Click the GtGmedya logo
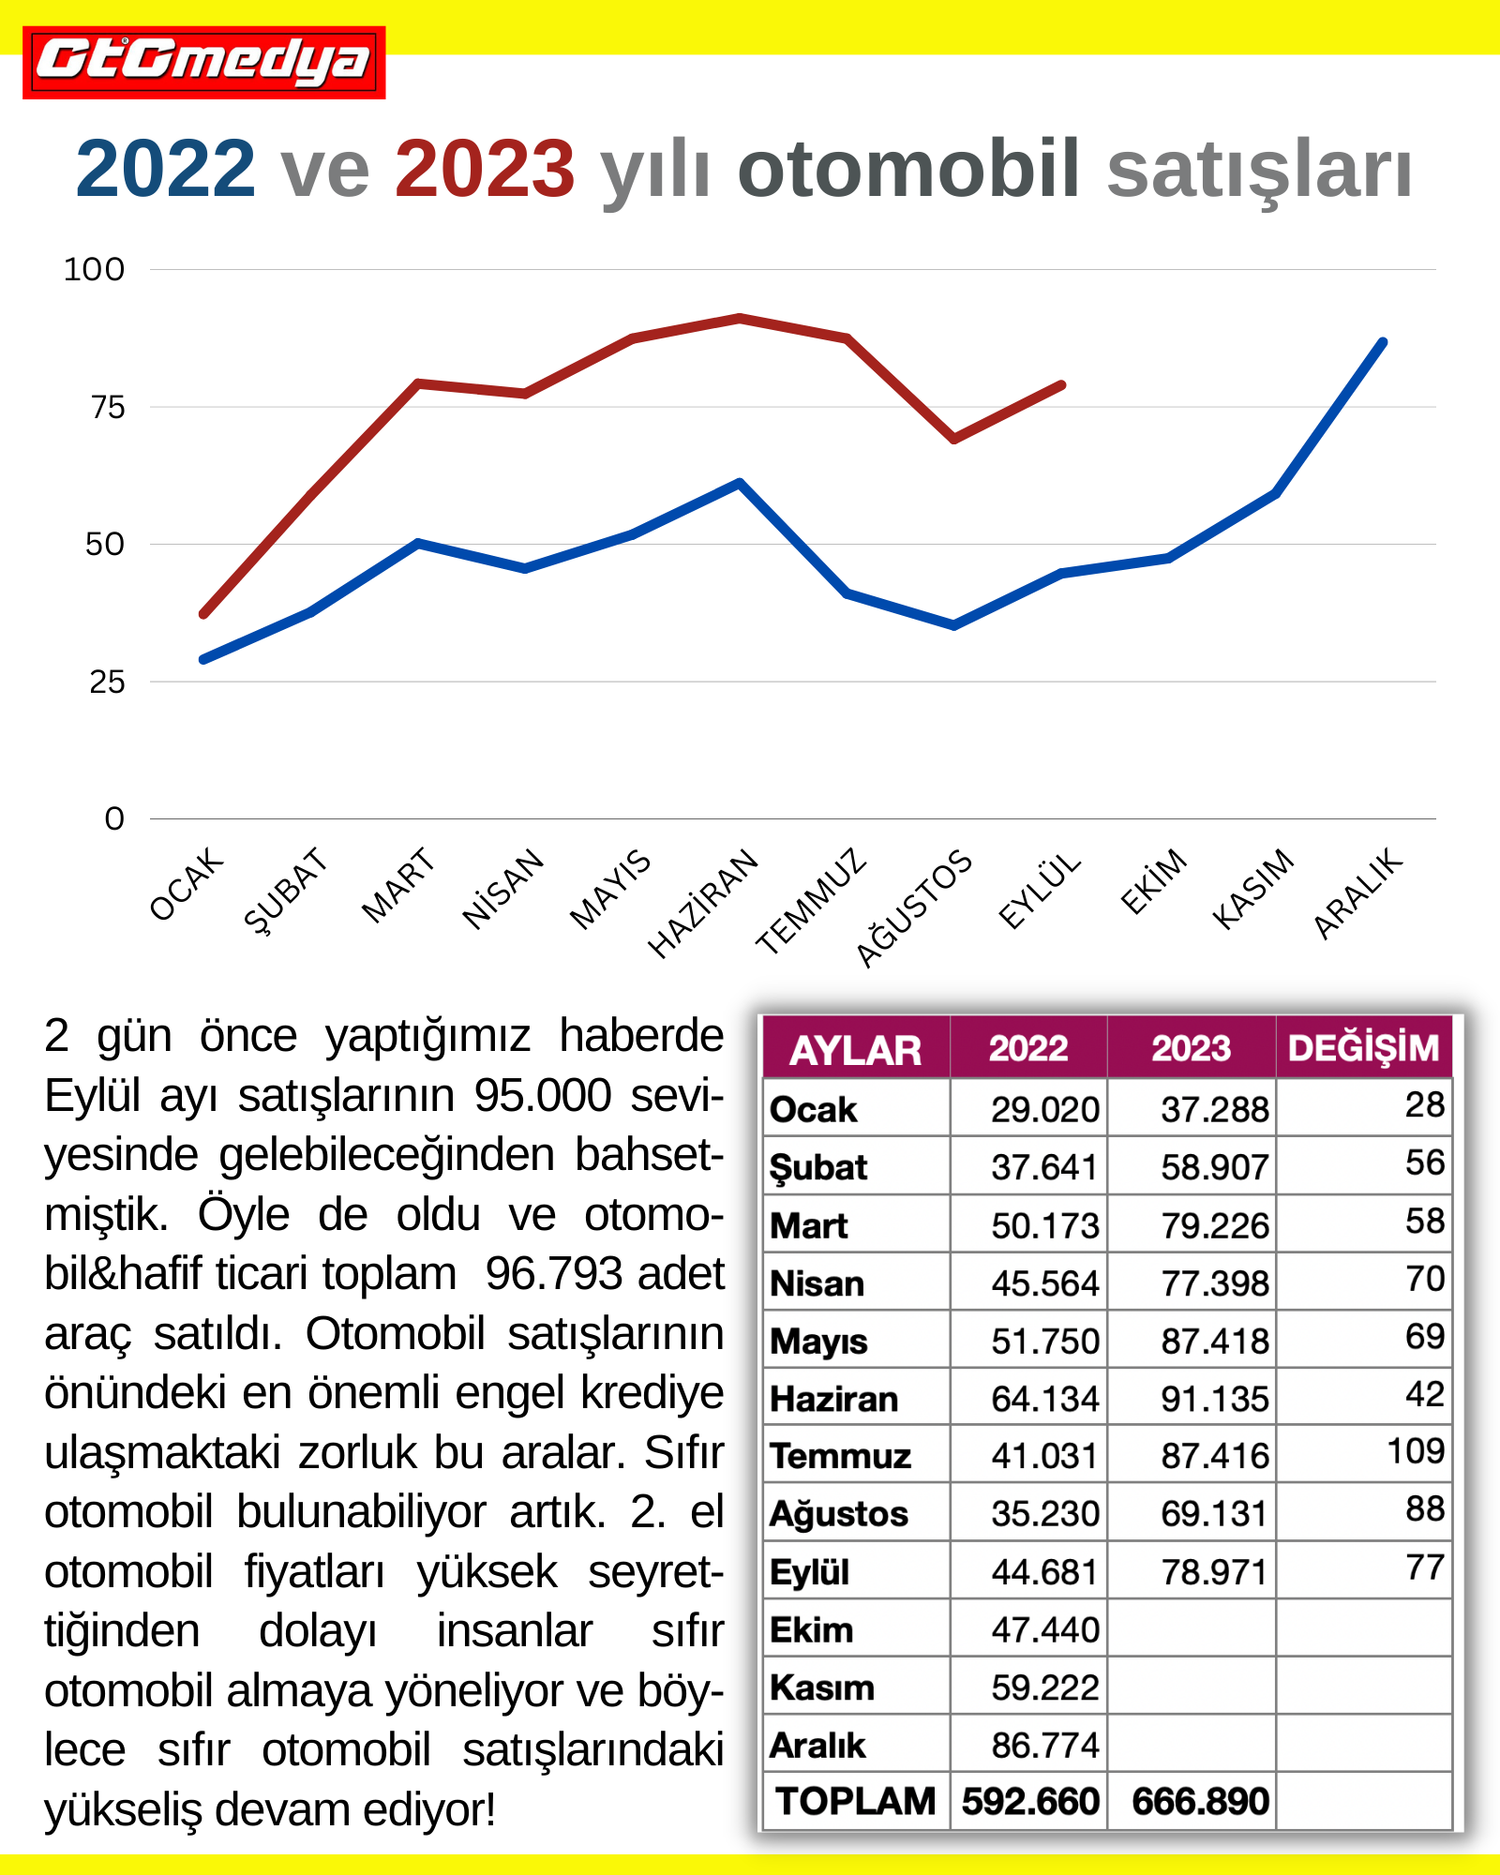click(203, 62)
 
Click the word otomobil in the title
click(909, 170)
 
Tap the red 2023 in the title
click(485, 170)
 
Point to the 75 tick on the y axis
click(108, 407)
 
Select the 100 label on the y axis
click(94, 270)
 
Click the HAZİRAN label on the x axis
click(703, 903)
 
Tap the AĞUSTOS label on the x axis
click(914, 907)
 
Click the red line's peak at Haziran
click(740, 318)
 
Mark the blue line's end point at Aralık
click(1383, 342)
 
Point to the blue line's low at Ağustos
click(954, 625)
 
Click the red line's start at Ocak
click(203, 614)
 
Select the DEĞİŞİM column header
click(1363, 1048)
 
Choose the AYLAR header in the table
click(855, 1050)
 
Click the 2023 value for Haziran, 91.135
click(1214, 1399)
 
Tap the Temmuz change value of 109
click(1416, 1451)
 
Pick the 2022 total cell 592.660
click(1029, 1801)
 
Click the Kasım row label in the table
click(822, 1687)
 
